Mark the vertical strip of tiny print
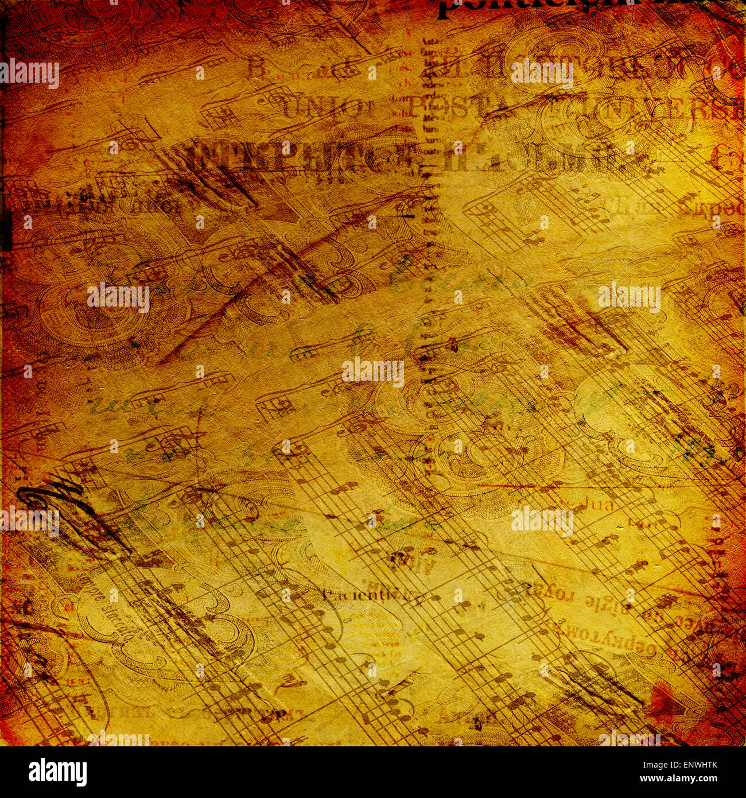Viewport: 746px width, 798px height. (428, 201)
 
